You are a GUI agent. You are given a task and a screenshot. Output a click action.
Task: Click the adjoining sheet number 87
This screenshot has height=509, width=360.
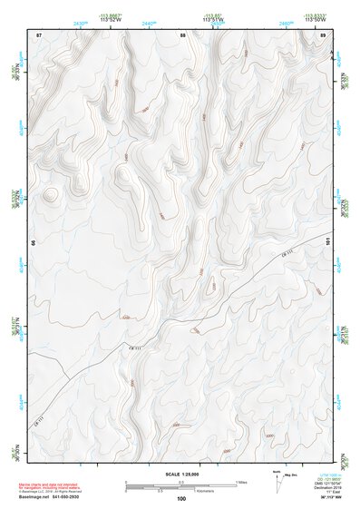[39, 34]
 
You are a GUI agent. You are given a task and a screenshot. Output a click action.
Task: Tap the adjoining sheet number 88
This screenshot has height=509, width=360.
[182, 34]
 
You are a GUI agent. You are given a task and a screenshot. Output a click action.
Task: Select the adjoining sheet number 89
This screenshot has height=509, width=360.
[323, 34]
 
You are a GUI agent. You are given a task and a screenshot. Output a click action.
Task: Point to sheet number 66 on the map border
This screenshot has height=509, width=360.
[34, 243]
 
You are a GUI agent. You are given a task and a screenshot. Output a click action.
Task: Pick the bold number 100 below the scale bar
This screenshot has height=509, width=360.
[181, 498]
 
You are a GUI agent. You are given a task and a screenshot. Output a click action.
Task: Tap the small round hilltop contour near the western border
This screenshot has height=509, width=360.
[50, 194]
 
